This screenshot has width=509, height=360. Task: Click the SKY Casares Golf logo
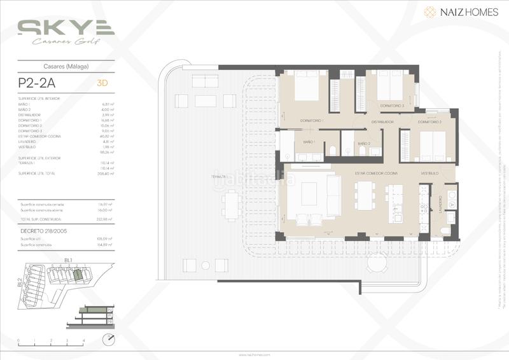(66, 31)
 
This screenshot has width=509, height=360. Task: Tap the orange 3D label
(101, 82)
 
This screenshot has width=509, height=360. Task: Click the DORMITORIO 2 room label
(430, 121)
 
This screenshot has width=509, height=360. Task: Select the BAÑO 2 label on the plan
(363, 144)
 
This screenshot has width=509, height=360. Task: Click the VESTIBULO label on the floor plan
(429, 173)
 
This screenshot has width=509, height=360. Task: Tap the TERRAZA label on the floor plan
(220, 176)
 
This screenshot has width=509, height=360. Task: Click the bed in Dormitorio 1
(307, 86)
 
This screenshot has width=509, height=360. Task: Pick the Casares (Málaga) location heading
(66, 66)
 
